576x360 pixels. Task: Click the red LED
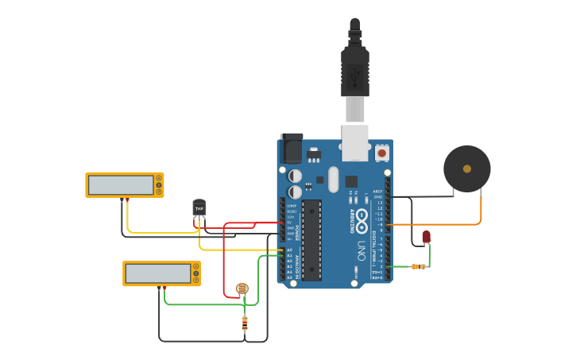click(x=427, y=236)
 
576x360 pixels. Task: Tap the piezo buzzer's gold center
click(x=467, y=168)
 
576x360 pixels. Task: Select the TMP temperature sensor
click(x=199, y=207)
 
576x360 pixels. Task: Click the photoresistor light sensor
click(x=242, y=288)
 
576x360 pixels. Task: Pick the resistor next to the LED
click(x=417, y=267)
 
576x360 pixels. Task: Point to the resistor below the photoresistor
click(x=245, y=322)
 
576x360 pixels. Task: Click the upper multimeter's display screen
click(x=121, y=185)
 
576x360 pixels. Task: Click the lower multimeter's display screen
click(x=157, y=273)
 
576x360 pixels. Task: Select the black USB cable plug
click(x=354, y=72)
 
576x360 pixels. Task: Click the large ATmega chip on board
click(x=311, y=239)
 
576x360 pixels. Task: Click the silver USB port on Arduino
click(x=355, y=142)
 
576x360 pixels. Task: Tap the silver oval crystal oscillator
click(x=333, y=179)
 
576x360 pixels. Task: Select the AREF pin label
click(x=377, y=192)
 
